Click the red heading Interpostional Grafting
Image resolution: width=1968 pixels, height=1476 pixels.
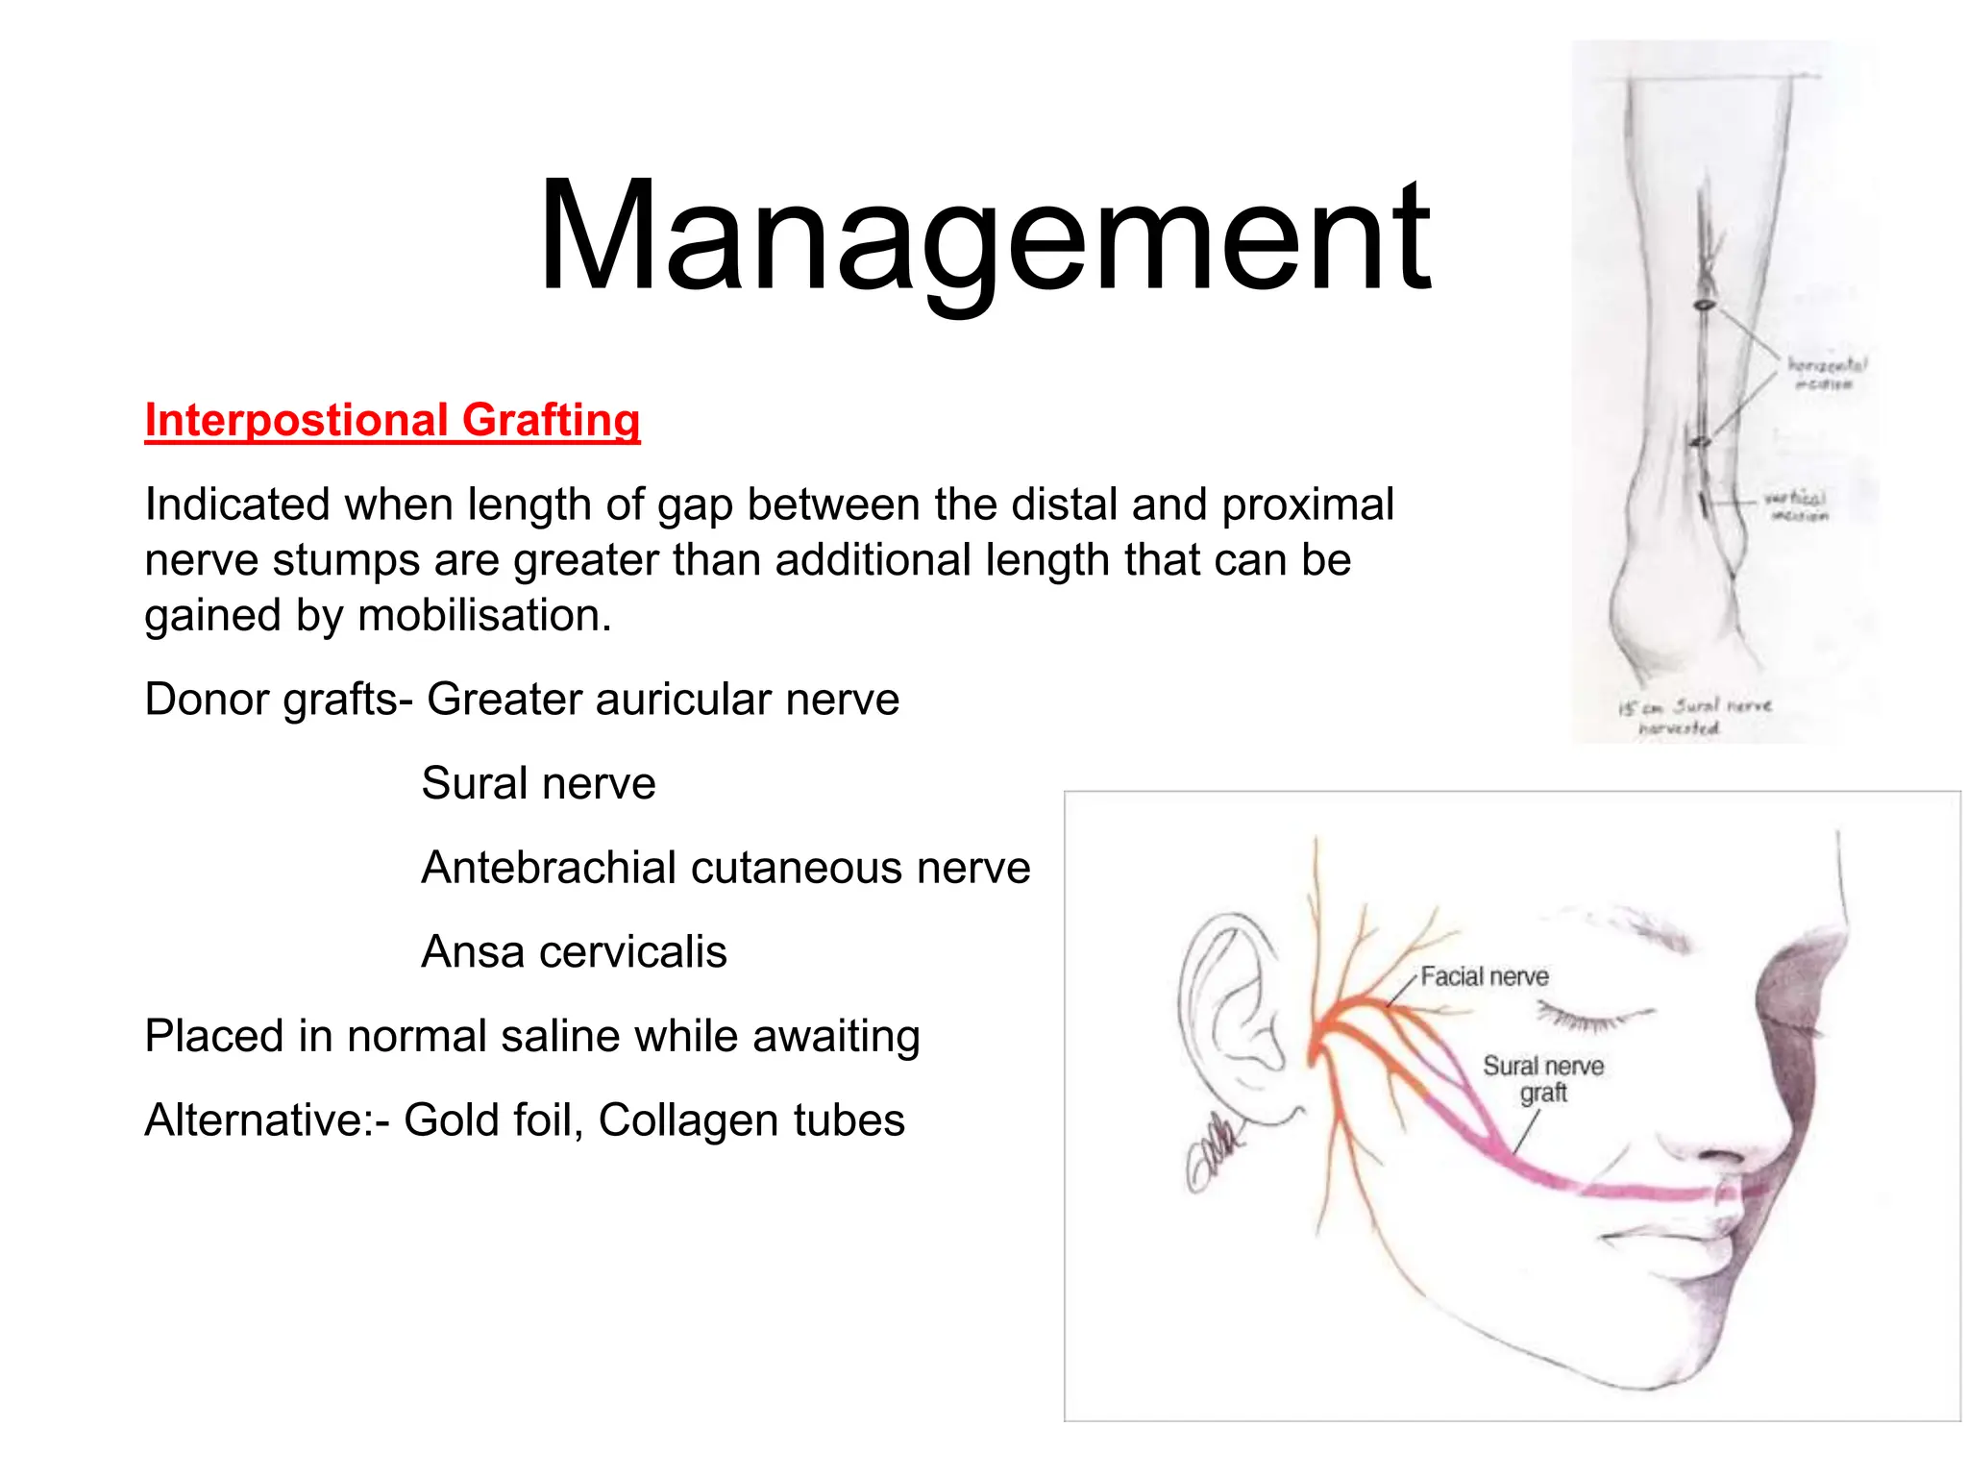point(392,421)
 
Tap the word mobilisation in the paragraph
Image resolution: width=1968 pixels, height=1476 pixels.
point(483,616)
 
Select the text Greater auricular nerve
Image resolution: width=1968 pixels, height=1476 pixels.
point(663,700)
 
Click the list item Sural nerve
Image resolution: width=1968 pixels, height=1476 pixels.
point(538,784)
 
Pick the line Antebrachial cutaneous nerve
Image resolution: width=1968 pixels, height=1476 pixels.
point(726,868)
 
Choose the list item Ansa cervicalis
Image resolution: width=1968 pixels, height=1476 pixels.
point(574,952)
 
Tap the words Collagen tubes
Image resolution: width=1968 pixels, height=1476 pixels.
point(751,1120)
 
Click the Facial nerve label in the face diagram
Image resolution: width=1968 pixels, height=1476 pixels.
point(1484,977)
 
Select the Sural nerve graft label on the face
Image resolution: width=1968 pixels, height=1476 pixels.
point(1542,1079)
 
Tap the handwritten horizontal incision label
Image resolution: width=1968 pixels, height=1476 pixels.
point(1825,374)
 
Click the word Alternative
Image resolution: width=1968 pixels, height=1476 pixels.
point(259,1120)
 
